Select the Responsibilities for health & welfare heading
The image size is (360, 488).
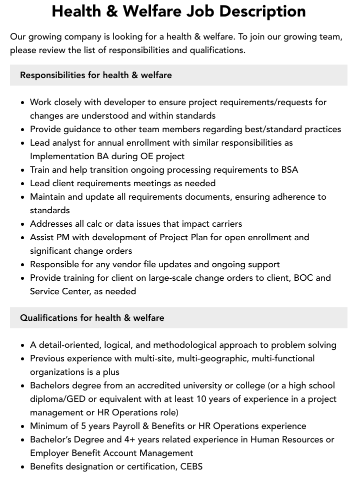point(96,75)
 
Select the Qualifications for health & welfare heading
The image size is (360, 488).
point(92,318)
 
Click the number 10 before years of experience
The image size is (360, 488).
point(243,399)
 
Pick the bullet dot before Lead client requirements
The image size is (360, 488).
point(22,184)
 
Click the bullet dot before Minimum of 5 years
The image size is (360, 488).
point(22,426)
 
